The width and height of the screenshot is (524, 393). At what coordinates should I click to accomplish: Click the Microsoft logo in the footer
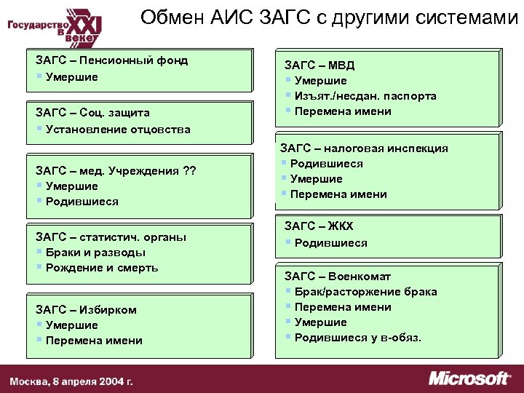pos(469,378)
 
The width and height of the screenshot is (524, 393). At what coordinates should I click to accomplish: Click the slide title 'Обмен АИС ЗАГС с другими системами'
pos(324,18)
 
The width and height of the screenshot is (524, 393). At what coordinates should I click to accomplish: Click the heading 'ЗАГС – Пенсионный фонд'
pos(112,60)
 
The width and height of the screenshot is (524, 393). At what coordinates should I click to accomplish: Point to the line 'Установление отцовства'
pos(117,130)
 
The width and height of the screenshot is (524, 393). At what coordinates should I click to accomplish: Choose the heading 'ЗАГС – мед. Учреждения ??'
pos(116,171)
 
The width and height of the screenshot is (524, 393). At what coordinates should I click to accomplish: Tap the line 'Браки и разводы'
pos(95,253)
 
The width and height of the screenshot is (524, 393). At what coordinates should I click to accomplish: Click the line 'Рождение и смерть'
pos(101,268)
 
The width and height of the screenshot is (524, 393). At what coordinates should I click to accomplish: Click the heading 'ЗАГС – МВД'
pos(319,65)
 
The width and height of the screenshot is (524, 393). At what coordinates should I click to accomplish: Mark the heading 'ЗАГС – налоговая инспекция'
pos(365,148)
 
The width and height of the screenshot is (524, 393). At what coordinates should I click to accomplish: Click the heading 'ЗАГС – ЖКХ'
pos(319,226)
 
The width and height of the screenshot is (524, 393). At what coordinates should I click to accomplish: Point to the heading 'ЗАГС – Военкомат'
pos(338,277)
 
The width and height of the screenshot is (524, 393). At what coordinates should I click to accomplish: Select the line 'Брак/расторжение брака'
pos(365,292)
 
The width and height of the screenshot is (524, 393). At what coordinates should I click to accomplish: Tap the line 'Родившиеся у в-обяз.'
pos(357,338)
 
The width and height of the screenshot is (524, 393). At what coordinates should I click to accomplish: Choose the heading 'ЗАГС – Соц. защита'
pos(93,114)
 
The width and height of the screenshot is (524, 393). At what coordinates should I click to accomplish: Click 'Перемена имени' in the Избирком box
pos(94,341)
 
